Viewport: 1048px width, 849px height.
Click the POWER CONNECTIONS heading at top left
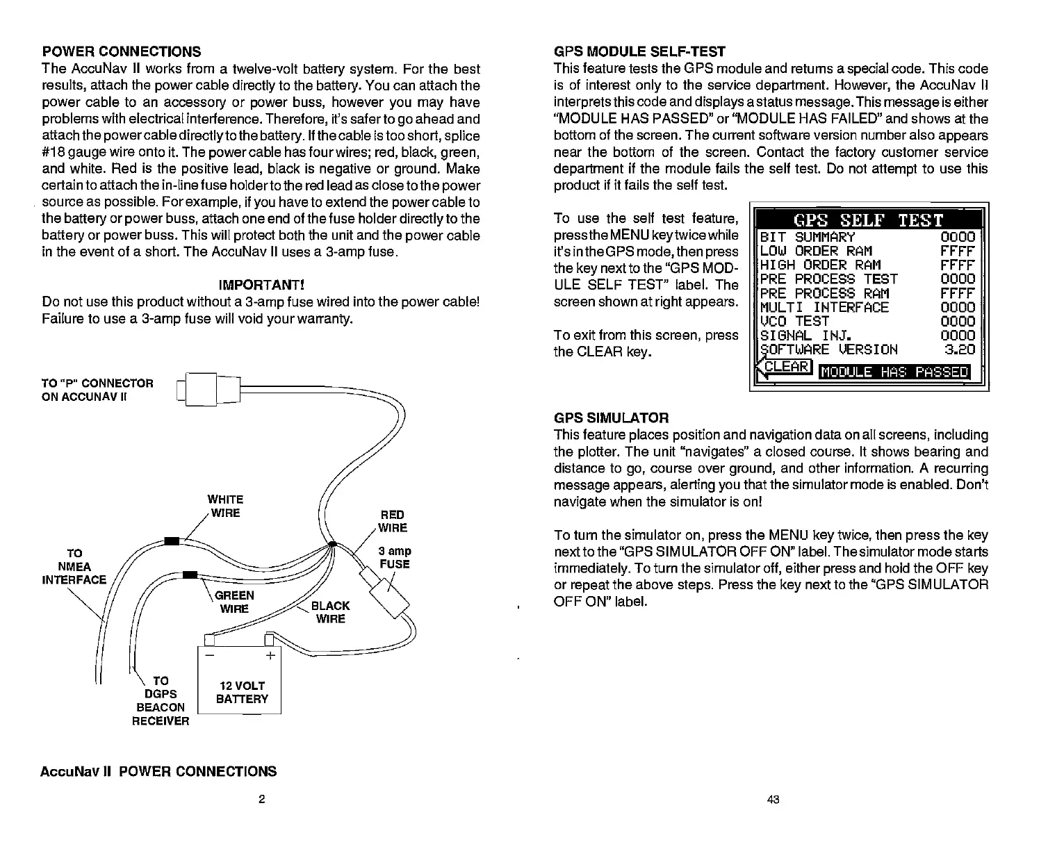(122, 51)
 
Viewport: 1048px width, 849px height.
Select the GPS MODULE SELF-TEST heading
(639, 51)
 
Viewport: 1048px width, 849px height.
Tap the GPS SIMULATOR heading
(611, 418)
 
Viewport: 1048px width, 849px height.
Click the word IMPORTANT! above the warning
(262, 286)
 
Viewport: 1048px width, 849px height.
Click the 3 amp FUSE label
(394, 558)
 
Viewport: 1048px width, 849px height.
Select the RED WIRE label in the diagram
(392, 521)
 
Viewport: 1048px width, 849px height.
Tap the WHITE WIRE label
(225, 506)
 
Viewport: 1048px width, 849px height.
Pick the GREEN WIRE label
(235, 602)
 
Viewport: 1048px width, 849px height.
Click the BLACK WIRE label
(330, 612)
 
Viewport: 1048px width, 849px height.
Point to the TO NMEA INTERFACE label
(74, 566)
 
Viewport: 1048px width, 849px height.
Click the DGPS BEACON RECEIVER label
(161, 701)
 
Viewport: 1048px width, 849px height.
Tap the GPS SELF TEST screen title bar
(868, 221)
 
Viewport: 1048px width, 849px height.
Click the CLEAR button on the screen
(786, 366)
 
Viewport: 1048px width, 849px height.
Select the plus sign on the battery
(270, 656)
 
